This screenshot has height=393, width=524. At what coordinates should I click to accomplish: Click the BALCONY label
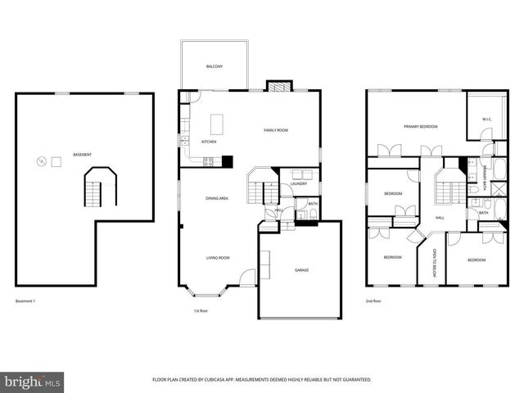[x=214, y=65]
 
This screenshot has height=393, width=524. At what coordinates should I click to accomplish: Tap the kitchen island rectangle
[x=216, y=124]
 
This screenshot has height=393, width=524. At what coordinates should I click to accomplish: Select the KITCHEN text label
[x=209, y=142]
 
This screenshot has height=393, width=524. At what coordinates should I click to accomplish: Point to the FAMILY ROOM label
[x=275, y=130]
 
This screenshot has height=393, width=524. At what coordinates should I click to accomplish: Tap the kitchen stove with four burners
[x=208, y=161]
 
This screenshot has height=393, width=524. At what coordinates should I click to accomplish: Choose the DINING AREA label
[x=217, y=199]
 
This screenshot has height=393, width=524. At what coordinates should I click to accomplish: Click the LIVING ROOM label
[x=217, y=258]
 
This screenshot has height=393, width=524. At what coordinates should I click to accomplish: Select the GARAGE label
[x=302, y=269]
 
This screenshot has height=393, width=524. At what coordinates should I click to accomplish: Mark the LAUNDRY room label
[x=299, y=183]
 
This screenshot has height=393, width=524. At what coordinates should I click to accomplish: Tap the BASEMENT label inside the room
[x=82, y=155]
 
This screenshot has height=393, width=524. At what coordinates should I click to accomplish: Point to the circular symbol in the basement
[x=40, y=161]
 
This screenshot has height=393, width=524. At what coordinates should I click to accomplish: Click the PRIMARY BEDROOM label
[x=420, y=127]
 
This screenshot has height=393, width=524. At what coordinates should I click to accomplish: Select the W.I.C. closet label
[x=486, y=120]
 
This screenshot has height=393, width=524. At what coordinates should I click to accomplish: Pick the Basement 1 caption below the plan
[x=26, y=301]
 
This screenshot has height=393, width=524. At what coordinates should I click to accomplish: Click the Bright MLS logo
[x=33, y=381]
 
